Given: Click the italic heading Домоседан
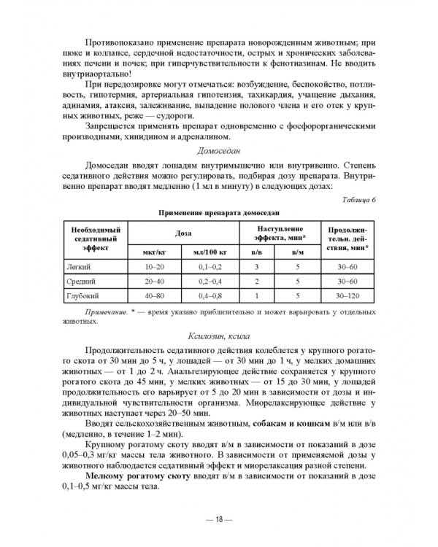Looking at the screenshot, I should (219, 151).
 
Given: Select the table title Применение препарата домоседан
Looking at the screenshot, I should (219, 212).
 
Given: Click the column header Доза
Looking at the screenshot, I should (184, 231).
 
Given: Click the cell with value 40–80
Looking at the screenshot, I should (155, 296).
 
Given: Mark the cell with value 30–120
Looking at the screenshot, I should (349, 296).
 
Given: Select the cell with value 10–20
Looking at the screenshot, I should (155, 268).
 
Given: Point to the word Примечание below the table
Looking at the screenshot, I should (107, 311).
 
